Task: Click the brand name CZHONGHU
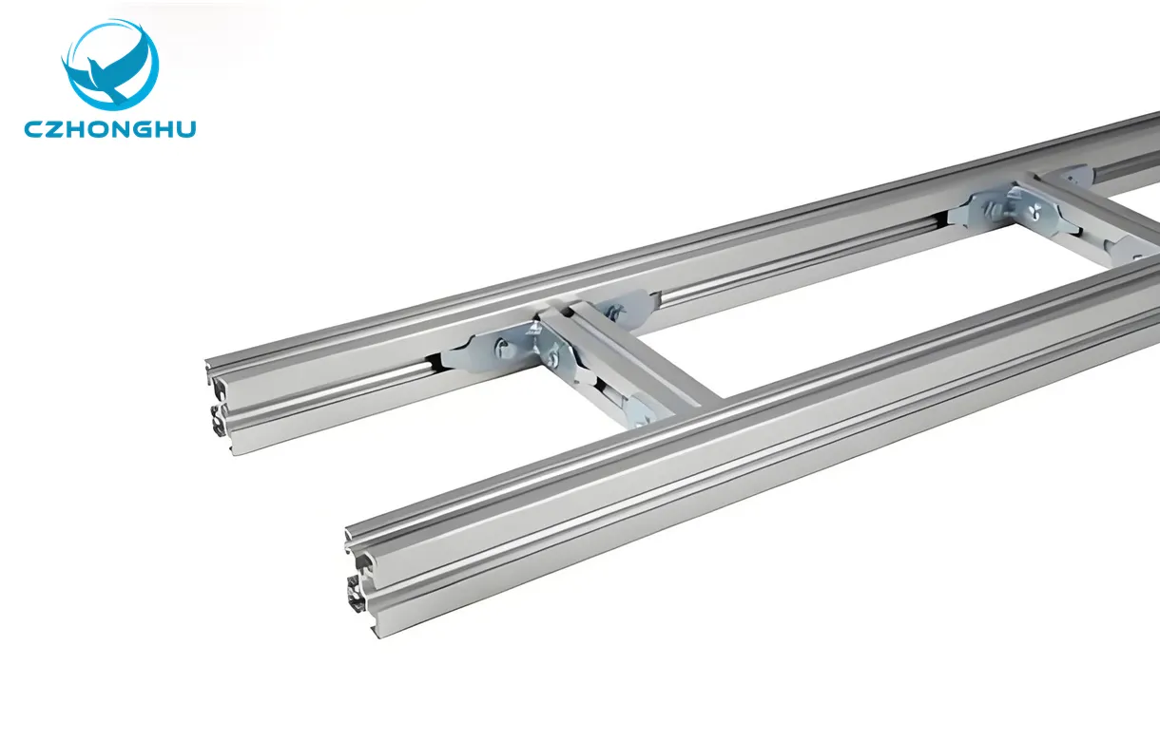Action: [x=110, y=128]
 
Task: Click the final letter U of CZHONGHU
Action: [x=185, y=128]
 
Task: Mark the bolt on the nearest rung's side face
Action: [x=554, y=359]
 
